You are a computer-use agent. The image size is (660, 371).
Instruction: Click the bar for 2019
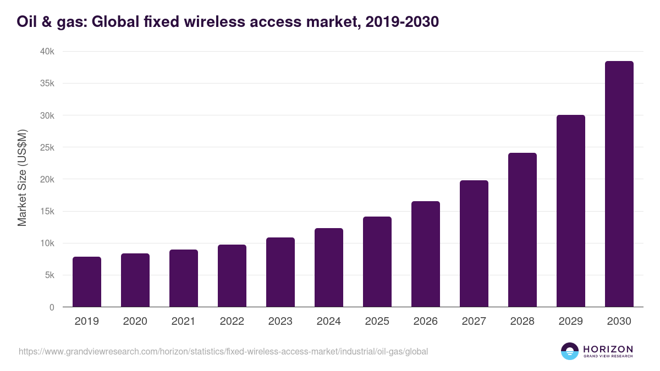pyautogui.click(x=87, y=281)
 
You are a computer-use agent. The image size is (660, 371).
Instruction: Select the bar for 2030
pyautogui.click(x=619, y=184)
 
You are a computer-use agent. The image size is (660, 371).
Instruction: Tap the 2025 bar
pyautogui.click(x=377, y=262)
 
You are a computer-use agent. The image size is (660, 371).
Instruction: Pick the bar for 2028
pyautogui.click(x=522, y=230)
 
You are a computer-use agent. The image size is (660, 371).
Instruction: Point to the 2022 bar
pyautogui.click(x=232, y=275)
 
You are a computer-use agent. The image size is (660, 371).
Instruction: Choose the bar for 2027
pyautogui.click(x=474, y=243)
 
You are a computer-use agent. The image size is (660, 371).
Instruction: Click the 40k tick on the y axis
pyautogui.click(x=48, y=51)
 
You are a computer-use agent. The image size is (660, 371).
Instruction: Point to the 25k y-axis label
pyautogui.click(x=48, y=147)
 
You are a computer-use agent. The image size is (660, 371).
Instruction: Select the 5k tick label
pyautogui.click(x=50, y=275)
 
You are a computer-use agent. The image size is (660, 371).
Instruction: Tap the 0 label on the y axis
pyautogui.click(x=52, y=307)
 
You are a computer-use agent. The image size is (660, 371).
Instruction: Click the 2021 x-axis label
pyautogui.click(x=184, y=322)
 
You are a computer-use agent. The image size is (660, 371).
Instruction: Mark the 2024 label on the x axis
pyautogui.click(x=329, y=322)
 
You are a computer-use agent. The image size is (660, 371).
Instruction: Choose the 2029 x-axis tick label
pyautogui.click(x=570, y=322)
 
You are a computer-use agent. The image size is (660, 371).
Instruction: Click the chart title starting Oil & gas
pyautogui.click(x=228, y=22)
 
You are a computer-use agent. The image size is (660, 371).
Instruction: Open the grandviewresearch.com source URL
pyautogui.click(x=223, y=351)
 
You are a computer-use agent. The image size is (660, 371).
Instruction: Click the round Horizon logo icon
pyautogui.click(x=569, y=351)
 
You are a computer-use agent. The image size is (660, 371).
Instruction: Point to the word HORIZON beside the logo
pyautogui.click(x=608, y=348)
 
